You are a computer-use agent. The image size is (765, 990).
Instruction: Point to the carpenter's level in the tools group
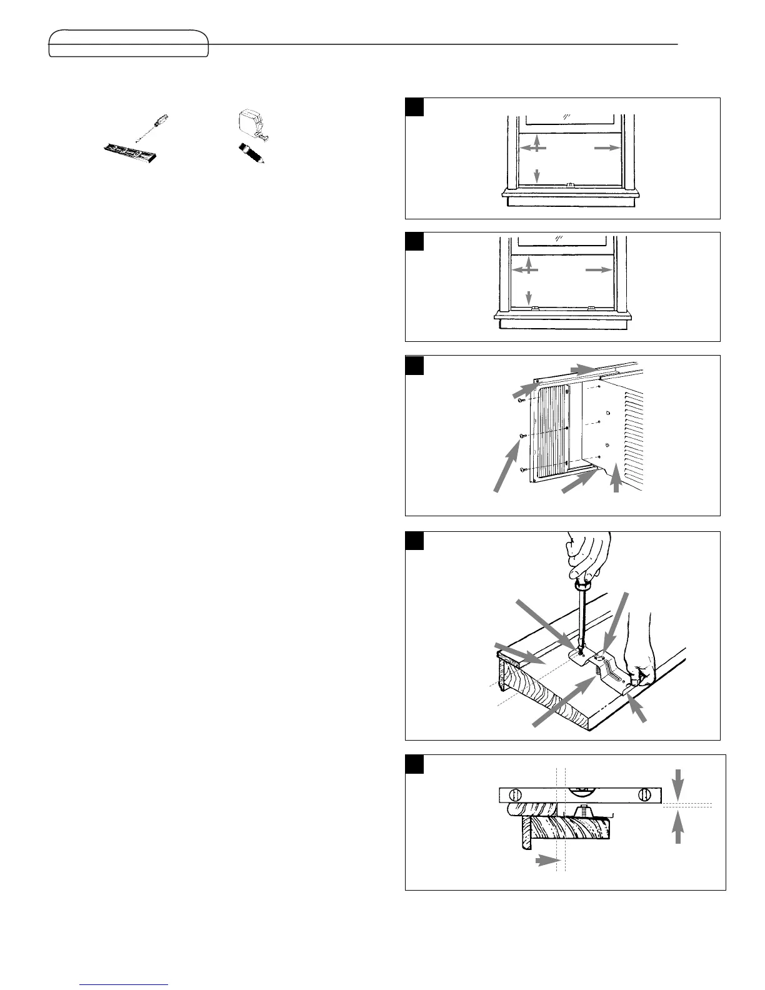coord(130,152)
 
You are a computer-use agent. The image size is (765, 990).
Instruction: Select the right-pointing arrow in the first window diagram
coord(606,148)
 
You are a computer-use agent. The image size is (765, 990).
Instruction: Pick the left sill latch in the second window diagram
coord(534,308)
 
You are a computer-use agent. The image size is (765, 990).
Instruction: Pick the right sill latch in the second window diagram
coord(591,308)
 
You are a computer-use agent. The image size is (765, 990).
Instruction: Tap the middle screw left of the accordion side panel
coord(521,436)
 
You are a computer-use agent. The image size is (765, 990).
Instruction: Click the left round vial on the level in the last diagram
coord(516,796)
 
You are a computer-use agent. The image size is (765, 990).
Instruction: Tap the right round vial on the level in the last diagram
coord(642,796)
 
